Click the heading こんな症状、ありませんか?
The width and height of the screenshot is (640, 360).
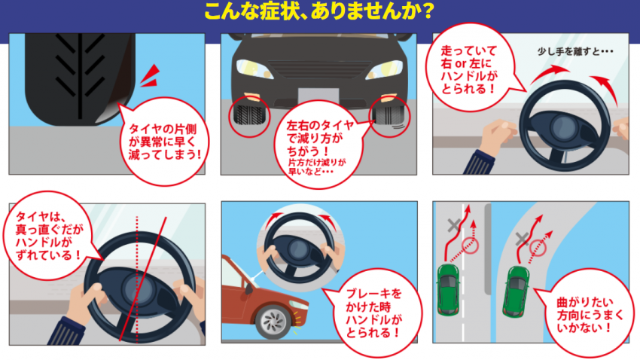point(319,13)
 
